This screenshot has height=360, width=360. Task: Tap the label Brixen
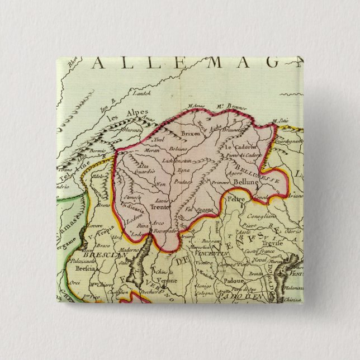tap(190, 135)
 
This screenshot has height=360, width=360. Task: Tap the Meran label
tap(136, 151)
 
